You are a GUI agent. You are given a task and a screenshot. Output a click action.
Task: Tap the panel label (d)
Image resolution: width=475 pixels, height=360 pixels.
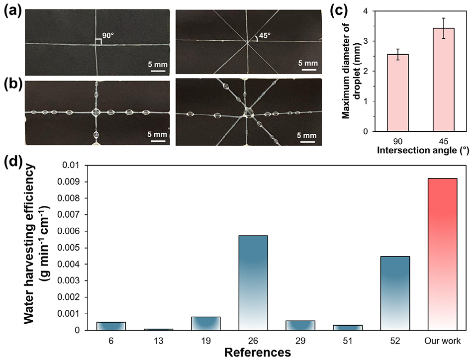coord(11,162)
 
